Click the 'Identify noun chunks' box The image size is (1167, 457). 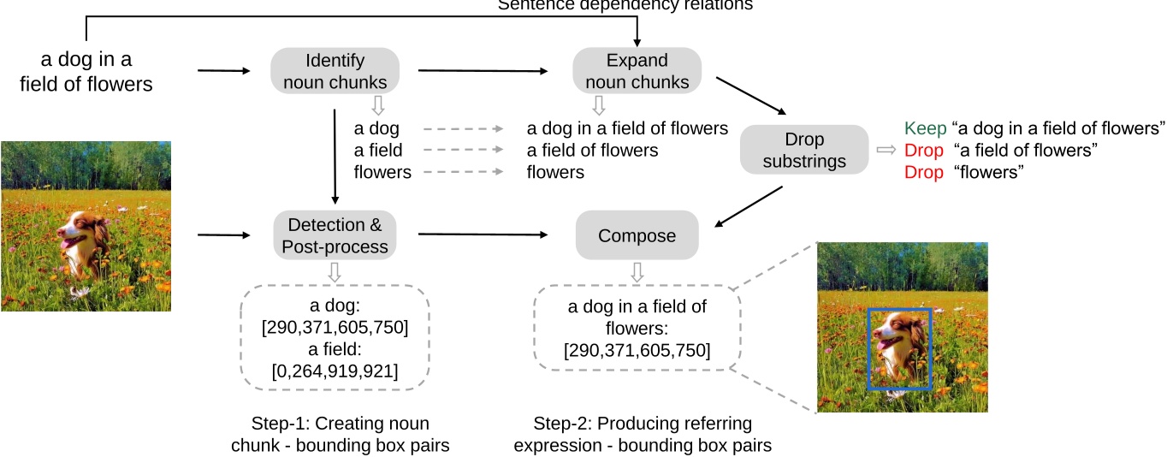click(x=335, y=71)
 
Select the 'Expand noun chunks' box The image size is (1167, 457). click(x=637, y=71)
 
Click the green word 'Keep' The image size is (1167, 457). click(x=925, y=128)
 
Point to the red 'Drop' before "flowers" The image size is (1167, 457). click(x=924, y=173)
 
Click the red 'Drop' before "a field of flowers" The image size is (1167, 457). click(x=924, y=151)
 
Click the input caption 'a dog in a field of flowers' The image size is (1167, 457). click(x=98, y=72)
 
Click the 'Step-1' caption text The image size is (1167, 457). click(x=341, y=434)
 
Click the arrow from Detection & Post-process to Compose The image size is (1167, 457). click(x=483, y=234)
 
